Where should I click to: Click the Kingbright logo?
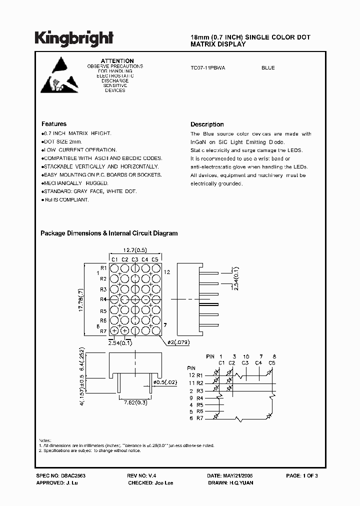click(73, 38)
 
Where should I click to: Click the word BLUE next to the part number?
click(268, 68)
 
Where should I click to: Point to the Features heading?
click(54, 124)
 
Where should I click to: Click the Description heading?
click(207, 124)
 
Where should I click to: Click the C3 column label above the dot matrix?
click(135, 259)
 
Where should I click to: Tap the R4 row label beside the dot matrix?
click(103, 299)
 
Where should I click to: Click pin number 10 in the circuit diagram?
click(245, 356)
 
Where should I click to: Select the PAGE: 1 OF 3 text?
click(302, 475)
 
